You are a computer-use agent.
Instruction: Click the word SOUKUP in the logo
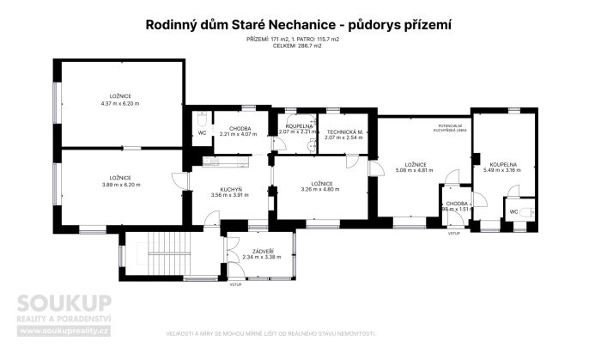tap(65, 303)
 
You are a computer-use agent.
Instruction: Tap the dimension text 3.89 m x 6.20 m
tap(120, 184)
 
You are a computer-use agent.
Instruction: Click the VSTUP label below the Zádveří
tap(234, 284)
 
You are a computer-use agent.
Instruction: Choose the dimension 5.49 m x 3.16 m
tap(502, 169)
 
